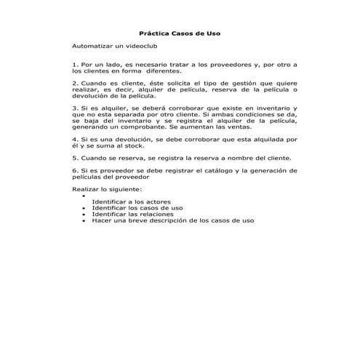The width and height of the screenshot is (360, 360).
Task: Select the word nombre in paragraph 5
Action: [x=249, y=157]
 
